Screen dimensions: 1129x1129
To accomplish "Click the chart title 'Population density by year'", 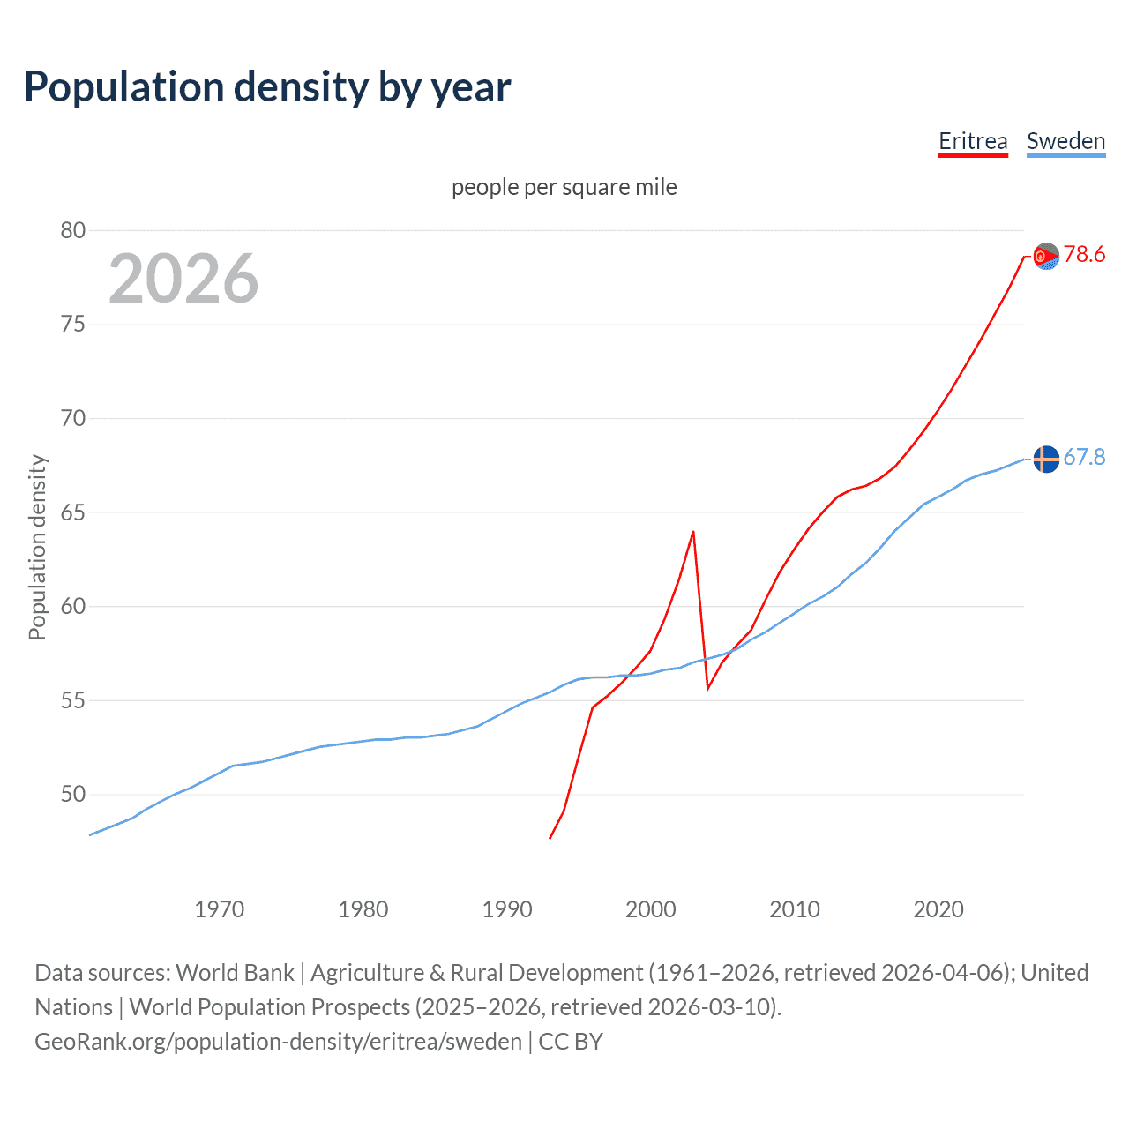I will coord(267,87).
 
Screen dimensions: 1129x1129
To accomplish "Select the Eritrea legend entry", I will coord(973,141).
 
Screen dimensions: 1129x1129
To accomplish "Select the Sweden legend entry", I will coord(1065,141).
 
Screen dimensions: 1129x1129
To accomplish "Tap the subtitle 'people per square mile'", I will coord(564,187).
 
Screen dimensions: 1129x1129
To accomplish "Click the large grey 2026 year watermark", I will coord(183,279).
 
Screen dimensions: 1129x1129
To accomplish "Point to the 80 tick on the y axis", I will coord(73,230).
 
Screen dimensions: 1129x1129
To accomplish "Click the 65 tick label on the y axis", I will coord(73,512).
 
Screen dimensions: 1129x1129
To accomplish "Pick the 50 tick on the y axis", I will coord(73,795).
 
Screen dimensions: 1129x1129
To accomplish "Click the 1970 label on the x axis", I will coord(220,909).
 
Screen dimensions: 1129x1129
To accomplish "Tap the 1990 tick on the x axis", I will coord(507,909).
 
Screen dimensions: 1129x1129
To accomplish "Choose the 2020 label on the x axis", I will coord(938,909).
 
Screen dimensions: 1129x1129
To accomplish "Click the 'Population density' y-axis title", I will coord(37,547).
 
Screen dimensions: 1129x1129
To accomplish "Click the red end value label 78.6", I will coord(1084,255).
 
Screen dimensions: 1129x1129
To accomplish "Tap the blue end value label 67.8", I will coord(1084,457).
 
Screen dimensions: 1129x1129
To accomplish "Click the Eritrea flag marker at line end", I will coord(1046,256).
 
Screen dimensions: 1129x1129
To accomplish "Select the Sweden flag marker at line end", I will coord(1046,460).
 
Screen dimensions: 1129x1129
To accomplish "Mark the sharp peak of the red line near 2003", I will coord(693,532).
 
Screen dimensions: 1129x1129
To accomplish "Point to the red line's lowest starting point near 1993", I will coord(550,838).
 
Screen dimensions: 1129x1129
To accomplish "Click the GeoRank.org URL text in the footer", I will coord(279,1042).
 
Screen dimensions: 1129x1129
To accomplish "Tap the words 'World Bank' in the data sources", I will coord(235,973).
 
